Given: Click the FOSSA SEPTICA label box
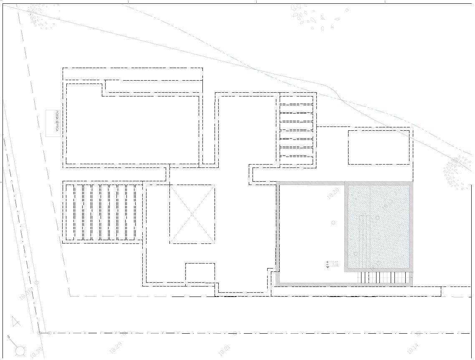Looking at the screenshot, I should pyautogui.click(x=53, y=123).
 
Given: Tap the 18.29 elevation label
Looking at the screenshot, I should pyautogui.click(x=116, y=347).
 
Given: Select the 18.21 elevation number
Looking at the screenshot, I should pyautogui.click(x=224, y=350).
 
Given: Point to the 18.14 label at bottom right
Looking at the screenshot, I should pyautogui.click(x=412, y=348).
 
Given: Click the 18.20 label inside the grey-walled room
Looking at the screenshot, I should pyautogui.click(x=333, y=193).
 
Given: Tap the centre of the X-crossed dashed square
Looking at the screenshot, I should pyautogui.click(x=192, y=214).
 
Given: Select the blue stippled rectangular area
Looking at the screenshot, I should pyautogui.click(x=379, y=227).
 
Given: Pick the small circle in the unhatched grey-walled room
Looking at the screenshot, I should pyautogui.click(x=333, y=222).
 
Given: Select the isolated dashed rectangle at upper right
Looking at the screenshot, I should pyautogui.click(x=379, y=147).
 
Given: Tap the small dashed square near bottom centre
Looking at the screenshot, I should pyautogui.click(x=200, y=273).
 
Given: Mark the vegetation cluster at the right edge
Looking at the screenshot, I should pyautogui.click(x=457, y=172).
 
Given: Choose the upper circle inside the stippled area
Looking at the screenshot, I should pyautogui.click(x=378, y=218).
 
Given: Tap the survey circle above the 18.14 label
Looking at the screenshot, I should pyautogui.click(x=418, y=333).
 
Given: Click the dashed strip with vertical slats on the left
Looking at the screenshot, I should pyautogui.click(x=102, y=212).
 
